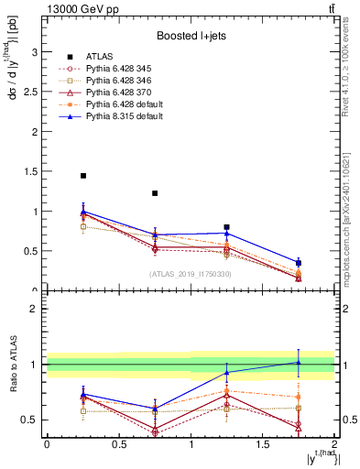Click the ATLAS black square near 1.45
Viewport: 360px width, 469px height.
coord(83,176)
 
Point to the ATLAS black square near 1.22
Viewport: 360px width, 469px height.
coord(155,193)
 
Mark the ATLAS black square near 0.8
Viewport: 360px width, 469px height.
coord(226,227)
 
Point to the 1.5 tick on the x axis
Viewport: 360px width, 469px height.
coord(262,444)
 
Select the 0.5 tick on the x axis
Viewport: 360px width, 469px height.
coord(118,444)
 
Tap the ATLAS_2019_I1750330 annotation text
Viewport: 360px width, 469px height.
coord(190,274)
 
